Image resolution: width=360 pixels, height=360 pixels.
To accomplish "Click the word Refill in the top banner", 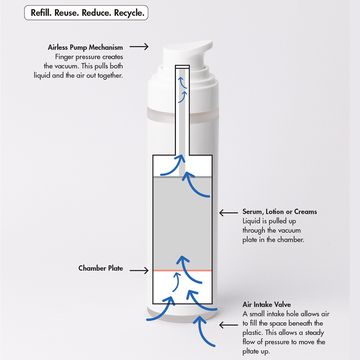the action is click(40, 13).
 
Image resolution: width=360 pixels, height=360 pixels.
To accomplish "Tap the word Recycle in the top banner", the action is click(129, 14).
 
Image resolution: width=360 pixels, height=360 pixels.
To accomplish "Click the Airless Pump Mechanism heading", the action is click(85, 48).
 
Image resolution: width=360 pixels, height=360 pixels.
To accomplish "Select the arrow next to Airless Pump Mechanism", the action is click(139, 47).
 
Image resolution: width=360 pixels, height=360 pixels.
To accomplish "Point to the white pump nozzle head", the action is click(187, 53).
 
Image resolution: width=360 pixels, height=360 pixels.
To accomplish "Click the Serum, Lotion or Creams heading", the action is click(280, 212).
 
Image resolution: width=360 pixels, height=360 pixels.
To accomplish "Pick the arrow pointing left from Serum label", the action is click(228, 212).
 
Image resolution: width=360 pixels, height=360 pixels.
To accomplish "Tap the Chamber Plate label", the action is click(101, 268).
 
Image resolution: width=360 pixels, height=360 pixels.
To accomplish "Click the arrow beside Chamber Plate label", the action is click(139, 270).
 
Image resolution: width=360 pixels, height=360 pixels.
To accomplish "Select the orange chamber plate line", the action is click(182, 270).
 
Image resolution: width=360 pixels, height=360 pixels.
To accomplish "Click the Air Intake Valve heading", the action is click(267, 305).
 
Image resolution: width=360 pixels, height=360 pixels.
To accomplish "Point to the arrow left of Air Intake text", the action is click(228, 325).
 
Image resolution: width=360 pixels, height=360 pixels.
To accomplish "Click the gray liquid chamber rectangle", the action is click(182, 223).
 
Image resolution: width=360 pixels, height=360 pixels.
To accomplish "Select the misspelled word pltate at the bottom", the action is click(251, 352).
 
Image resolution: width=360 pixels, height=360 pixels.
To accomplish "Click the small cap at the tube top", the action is click(182, 67).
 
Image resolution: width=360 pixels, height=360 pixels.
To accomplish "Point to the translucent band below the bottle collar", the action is click(183, 114).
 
